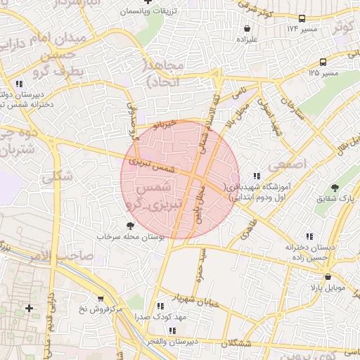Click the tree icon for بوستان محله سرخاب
click(x=130, y=226)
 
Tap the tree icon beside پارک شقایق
click(x=334, y=188)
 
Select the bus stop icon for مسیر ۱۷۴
click(x=302, y=18)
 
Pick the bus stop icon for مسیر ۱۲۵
click(x=323, y=62)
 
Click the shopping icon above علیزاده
click(x=246, y=29)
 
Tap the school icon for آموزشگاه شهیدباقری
click(x=256, y=176)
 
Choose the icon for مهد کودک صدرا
click(x=161, y=307)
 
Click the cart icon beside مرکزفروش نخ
click(x=100, y=299)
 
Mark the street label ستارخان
click(x=291, y=110)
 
